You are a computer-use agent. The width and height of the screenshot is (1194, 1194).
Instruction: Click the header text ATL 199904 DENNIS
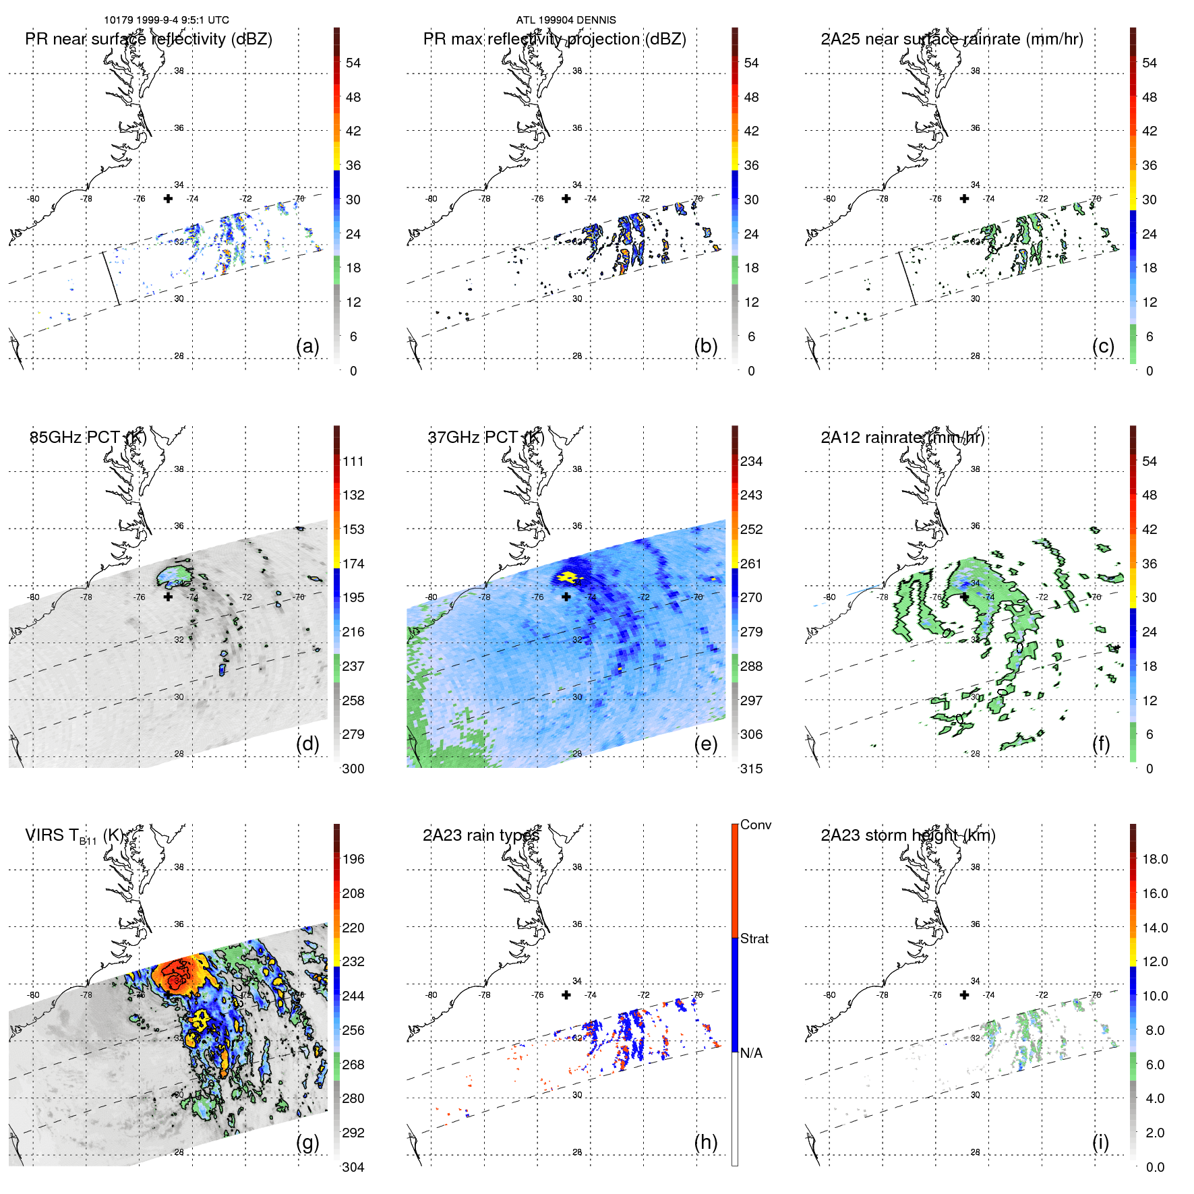pyautogui.click(x=566, y=20)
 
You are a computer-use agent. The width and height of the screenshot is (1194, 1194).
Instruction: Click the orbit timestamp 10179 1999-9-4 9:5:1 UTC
pyautogui.click(x=166, y=20)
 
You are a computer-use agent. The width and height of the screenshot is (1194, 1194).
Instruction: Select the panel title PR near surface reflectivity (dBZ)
pyautogui.click(x=148, y=39)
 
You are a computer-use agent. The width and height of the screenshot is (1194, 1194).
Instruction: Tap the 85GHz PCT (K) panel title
pyautogui.click(x=88, y=438)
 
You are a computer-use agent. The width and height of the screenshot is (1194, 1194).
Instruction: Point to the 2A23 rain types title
pyautogui.click(x=481, y=835)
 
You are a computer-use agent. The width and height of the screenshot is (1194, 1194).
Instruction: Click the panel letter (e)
pyautogui.click(x=705, y=744)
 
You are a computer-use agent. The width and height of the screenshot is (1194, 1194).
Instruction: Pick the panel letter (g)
pyautogui.click(x=307, y=1142)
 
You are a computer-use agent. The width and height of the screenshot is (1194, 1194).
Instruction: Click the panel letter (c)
pyautogui.click(x=1103, y=346)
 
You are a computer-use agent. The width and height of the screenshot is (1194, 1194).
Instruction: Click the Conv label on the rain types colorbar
pyautogui.click(x=756, y=825)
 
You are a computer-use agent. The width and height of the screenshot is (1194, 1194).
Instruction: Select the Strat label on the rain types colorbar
pyautogui.click(x=754, y=938)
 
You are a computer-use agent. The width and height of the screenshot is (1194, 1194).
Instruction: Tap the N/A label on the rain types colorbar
pyautogui.click(x=752, y=1053)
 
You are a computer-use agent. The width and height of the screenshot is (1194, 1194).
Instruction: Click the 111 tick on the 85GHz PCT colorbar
pyautogui.click(x=353, y=461)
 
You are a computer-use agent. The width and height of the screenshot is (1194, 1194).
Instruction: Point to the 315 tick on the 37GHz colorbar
pyautogui.click(x=751, y=769)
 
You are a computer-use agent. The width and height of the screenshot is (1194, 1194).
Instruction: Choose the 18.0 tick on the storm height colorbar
pyautogui.click(x=1155, y=859)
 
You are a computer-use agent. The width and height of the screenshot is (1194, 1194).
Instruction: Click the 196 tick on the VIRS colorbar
pyautogui.click(x=353, y=859)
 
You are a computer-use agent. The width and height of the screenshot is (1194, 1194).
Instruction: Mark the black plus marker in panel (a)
pyautogui.click(x=168, y=198)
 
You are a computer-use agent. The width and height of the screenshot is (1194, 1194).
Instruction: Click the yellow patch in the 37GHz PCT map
pyautogui.click(x=567, y=577)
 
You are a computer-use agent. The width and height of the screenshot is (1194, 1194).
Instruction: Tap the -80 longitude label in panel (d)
pyautogui.click(x=33, y=597)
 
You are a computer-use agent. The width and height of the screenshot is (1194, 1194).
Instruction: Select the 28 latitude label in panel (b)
pyautogui.click(x=577, y=356)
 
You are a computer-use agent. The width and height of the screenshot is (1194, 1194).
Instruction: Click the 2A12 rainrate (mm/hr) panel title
pyautogui.click(x=903, y=438)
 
